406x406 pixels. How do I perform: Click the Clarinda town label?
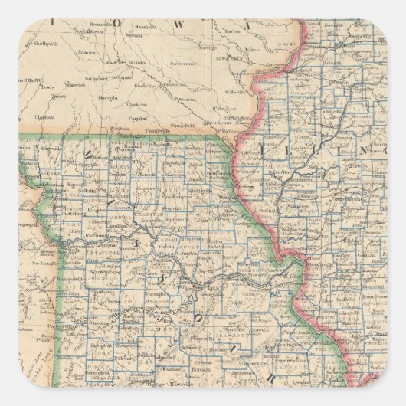click(x=44, y=118)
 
